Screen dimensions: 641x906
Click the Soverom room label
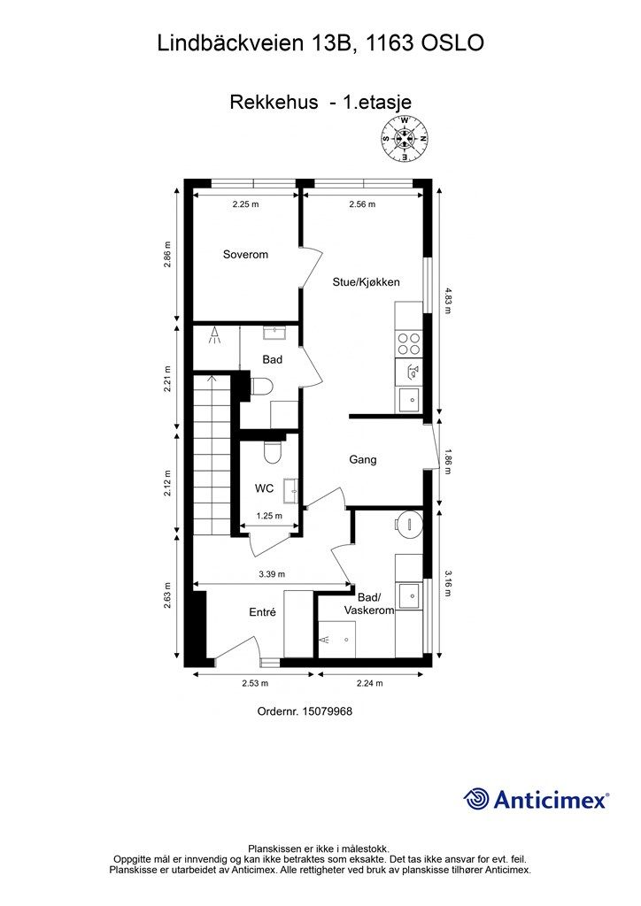[245, 254]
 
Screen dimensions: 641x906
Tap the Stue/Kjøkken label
[366, 282]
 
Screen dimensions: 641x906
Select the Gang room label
[362, 459]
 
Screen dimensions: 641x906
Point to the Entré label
[262, 612]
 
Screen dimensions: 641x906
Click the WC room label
[264, 488]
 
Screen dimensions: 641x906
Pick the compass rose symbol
[405, 139]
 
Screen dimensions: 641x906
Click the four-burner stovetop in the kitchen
[409, 344]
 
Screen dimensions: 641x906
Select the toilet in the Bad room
[260, 387]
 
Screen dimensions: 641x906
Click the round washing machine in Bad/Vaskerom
[409, 525]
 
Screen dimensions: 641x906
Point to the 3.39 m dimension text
[272, 574]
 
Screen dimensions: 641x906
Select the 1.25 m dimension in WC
[269, 516]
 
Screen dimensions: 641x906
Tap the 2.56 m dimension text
[362, 204]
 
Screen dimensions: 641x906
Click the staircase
[212, 455]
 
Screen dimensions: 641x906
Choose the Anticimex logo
[536, 800]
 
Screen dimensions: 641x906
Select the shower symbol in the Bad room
[215, 335]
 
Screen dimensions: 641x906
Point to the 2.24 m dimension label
[370, 683]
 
